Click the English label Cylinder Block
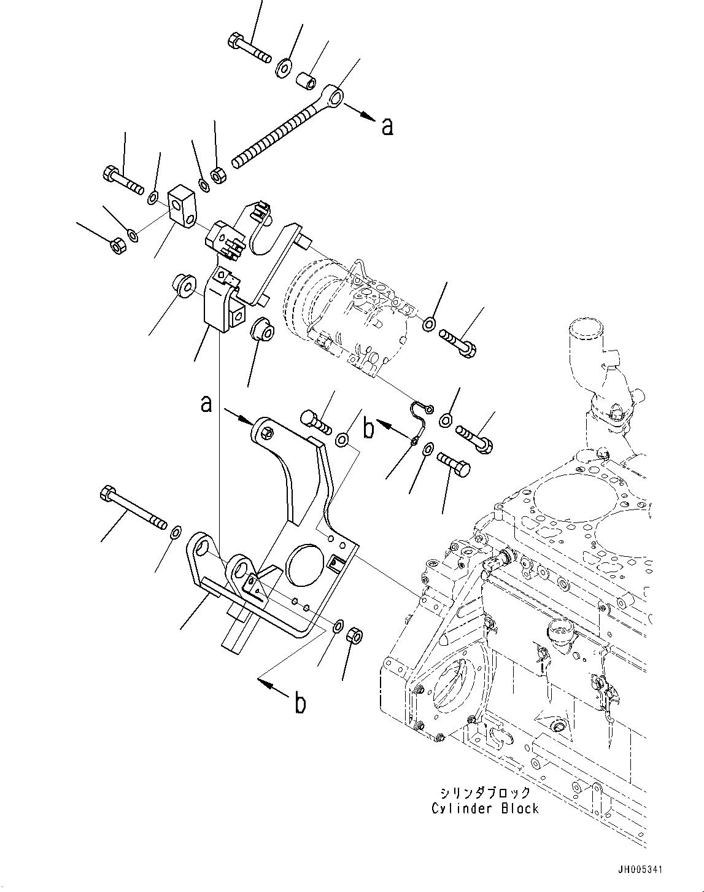click(485, 809)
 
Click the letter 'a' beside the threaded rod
click(387, 126)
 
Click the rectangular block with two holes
click(182, 206)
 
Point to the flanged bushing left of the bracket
click(183, 286)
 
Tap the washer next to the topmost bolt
click(284, 67)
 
